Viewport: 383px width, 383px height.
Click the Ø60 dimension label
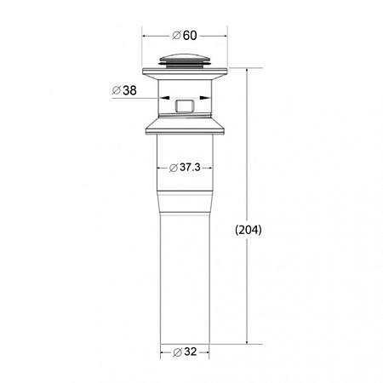pyautogui.click(x=185, y=36)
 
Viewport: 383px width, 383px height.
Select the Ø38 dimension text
pyautogui.click(x=124, y=90)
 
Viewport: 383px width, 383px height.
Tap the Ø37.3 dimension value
pyautogui.click(x=185, y=168)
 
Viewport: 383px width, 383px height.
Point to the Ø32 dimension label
pyautogui.click(x=185, y=352)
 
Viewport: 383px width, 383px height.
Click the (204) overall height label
pyautogui.click(x=249, y=230)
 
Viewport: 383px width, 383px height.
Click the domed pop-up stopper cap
pyautogui.click(x=185, y=60)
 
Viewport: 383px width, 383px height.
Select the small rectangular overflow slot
pyautogui.click(x=185, y=106)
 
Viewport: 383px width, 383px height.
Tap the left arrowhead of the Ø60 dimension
pyautogui.click(x=145, y=36)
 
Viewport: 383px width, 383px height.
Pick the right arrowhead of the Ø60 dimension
pyautogui.click(x=225, y=36)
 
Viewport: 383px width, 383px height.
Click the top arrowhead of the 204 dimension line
pyautogui.click(x=248, y=71)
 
